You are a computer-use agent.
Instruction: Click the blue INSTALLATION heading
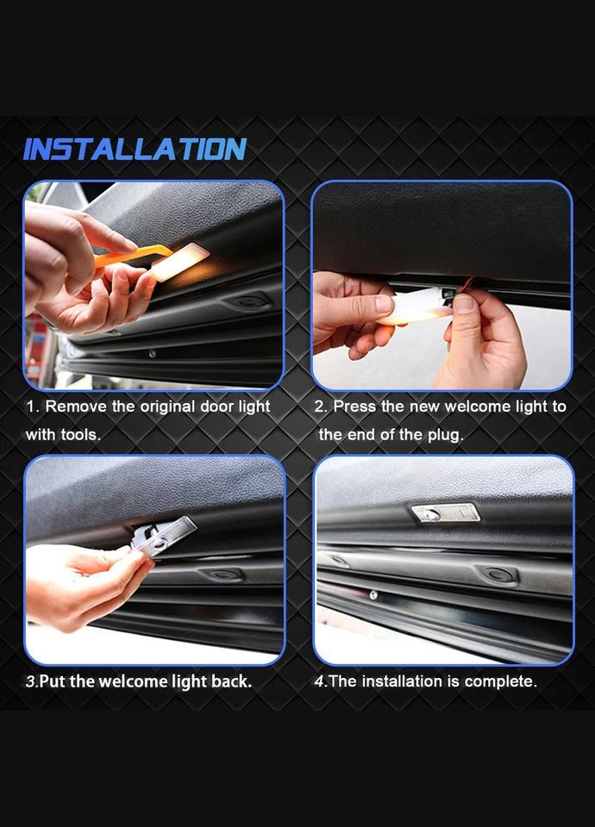pyautogui.click(x=135, y=149)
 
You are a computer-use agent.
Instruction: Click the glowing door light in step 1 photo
pyautogui.click(x=179, y=261)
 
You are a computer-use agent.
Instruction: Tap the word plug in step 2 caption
pyautogui.click(x=445, y=434)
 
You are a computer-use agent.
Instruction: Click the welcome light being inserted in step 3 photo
pyautogui.click(x=162, y=534)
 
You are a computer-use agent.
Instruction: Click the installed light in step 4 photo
pyautogui.click(x=446, y=512)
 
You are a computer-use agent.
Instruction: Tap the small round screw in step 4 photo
pyautogui.click(x=373, y=595)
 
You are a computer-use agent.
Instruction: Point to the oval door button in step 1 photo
pyautogui.click(x=247, y=302)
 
